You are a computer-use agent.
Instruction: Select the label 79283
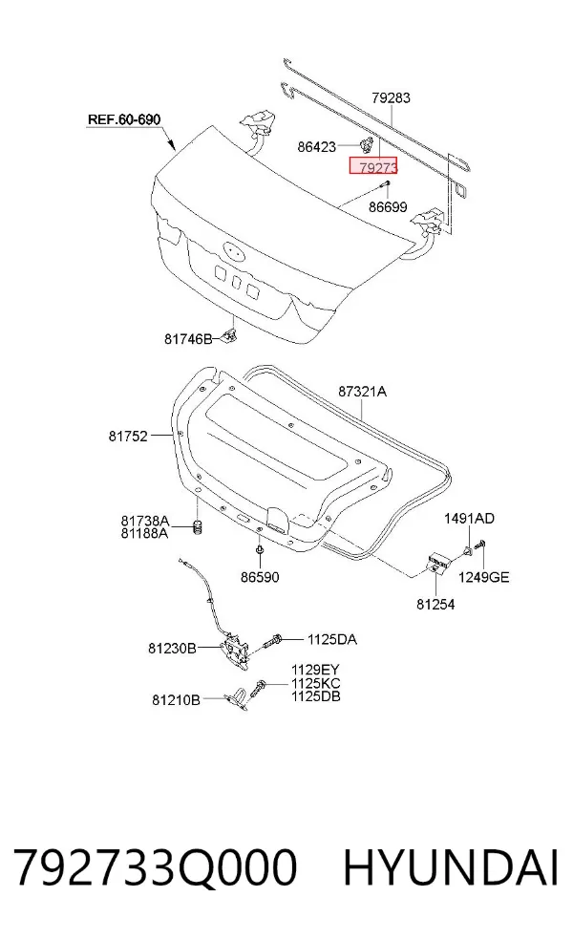[391, 97]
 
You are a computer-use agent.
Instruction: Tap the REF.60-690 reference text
[124, 119]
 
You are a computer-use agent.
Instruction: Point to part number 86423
[316, 146]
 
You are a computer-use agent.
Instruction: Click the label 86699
[388, 207]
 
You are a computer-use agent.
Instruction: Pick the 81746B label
[188, 339]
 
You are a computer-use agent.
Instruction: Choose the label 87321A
[362, 392]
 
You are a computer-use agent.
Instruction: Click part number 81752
[128, 437]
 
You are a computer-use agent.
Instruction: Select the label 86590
[260, 577]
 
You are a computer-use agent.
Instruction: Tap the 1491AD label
[469, 519]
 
